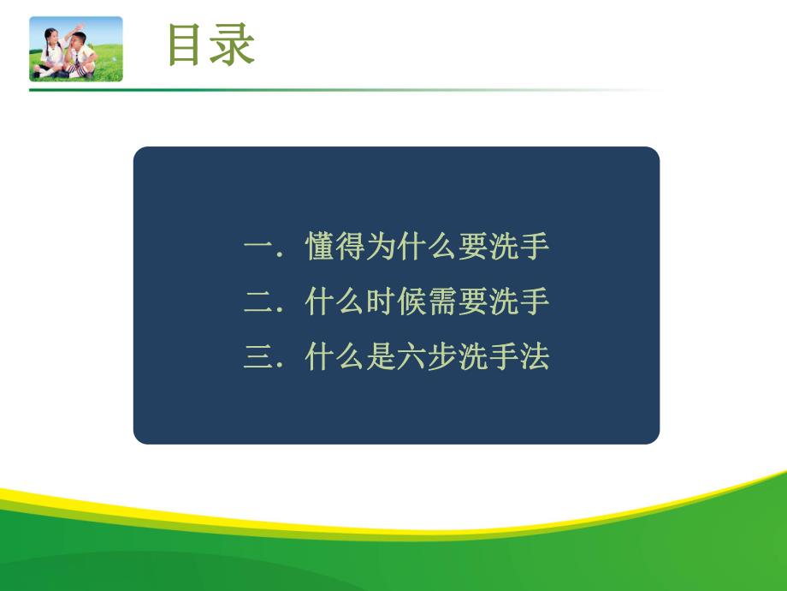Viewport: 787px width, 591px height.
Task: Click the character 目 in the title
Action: click(x=188, y=46)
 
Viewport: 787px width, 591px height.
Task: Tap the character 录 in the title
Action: click(x=233, y=46)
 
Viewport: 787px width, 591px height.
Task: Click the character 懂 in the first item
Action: click(x=319, y=248)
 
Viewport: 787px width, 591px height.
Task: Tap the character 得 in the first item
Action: click(x=350, y=248)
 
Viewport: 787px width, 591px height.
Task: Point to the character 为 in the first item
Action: click(x=381, y=248)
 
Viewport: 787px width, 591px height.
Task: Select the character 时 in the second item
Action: click(x=381, y=302)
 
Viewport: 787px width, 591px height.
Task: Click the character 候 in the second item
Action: click(x=411, y=302)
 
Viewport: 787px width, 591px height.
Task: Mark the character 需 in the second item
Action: click(x=442, y=302)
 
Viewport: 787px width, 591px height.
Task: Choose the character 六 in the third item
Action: click(x=411, y=357)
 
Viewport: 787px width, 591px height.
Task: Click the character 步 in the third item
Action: click(x=442, y=357)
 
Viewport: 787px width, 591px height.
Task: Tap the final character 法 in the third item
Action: click(x=535, y=357)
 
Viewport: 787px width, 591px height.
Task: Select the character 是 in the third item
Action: click(x=381, y=357)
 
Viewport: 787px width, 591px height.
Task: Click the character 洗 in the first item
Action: click(x=504, y=248)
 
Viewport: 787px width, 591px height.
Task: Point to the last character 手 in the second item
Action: click(x=535, y=302)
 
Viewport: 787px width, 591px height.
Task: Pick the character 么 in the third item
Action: click(x=350, y=357)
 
